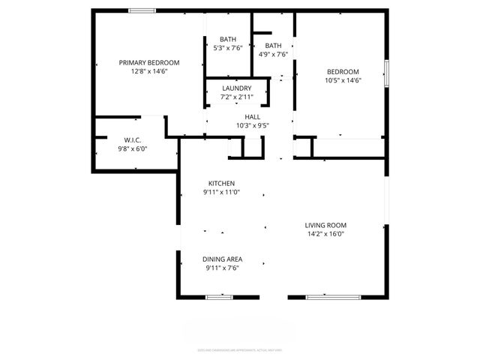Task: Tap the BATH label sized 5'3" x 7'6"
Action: click(228, 40)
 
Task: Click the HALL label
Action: click(252, 117)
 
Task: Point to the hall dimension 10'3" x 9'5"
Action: click(252, 126)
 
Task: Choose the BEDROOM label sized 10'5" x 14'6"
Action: click(343, 72)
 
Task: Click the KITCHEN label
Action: click(221, 184)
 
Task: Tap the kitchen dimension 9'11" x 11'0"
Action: click(221, 193)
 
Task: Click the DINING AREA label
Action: click(223, 259)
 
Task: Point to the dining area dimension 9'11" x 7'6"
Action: click(223, 268)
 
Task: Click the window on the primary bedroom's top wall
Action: click(142, 10)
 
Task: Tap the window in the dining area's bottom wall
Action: click(218, 297)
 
